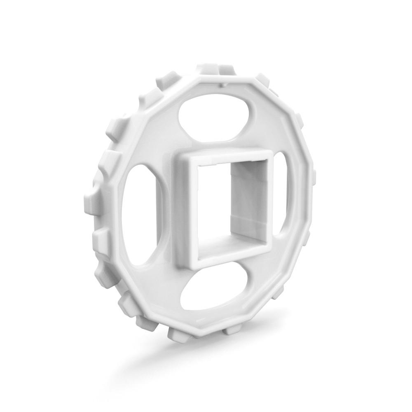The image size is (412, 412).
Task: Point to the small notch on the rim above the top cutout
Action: pos(222,84)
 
